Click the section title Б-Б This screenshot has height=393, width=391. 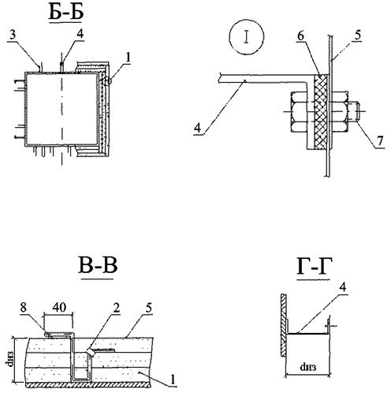66,13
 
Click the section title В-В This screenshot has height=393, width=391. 98,266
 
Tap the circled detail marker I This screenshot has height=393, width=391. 247,36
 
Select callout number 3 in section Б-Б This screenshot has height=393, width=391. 13,35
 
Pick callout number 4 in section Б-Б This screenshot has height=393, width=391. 80,34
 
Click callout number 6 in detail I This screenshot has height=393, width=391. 301,36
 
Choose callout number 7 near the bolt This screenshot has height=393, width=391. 380,140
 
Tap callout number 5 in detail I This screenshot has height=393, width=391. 357,35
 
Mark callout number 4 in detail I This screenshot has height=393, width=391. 198,128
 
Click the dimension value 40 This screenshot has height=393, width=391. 59,307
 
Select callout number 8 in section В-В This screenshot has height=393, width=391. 24,308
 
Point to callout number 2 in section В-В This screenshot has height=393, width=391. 117,307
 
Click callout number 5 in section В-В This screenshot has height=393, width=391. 149,307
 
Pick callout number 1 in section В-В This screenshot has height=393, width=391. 173,379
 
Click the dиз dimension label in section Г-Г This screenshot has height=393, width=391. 308,367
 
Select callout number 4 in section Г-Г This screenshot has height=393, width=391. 342,287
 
